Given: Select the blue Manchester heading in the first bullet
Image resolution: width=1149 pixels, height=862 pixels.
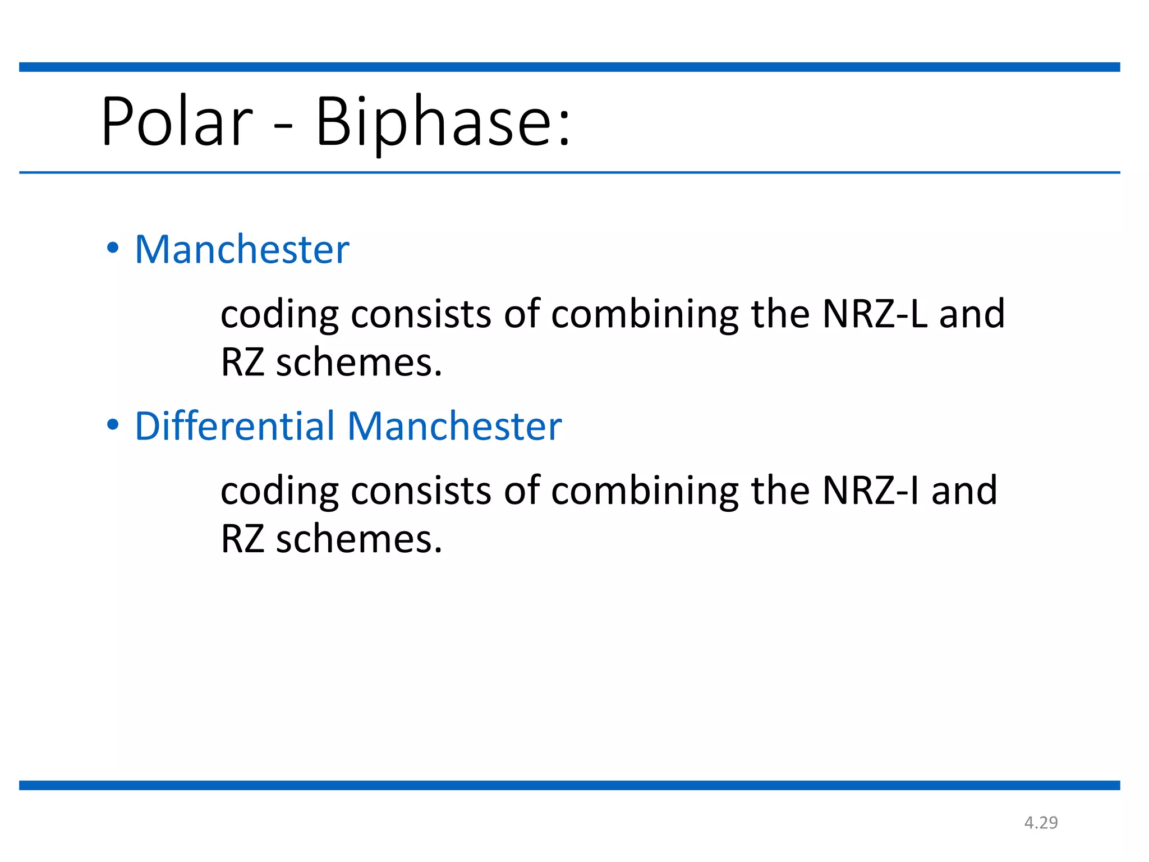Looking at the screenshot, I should click(242, 249).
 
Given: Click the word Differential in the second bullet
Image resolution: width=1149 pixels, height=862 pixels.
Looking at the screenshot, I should click(235, 426).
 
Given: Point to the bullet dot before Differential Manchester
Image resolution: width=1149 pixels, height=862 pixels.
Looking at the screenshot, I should click(113, 425).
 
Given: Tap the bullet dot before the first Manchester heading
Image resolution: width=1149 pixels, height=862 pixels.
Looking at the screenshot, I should click(113, 247).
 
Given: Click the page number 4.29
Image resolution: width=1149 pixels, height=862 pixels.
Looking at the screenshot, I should click(1041, 823).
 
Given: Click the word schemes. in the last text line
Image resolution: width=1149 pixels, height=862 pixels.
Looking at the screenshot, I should click(359, 539).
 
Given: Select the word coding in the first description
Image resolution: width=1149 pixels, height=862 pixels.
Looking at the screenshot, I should click(279, 315).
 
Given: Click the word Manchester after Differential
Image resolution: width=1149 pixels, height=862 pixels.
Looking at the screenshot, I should click(454, 426).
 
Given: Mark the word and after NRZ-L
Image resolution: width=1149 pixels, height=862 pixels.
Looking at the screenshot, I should click(972, 314).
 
